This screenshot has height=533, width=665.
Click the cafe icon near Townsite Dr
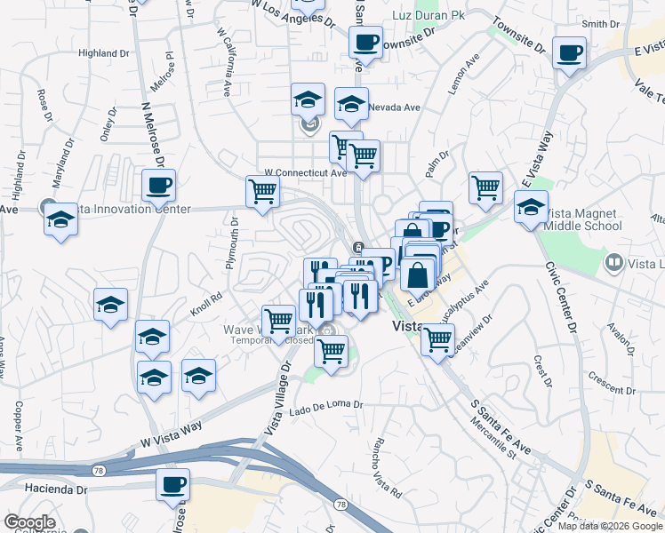[365, 41]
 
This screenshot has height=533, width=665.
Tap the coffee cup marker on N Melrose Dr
[159, 186]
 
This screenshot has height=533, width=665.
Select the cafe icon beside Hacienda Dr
[173, 485]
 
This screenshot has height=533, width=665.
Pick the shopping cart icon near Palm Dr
[485, 187]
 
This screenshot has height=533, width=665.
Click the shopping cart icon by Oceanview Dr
[437, 338]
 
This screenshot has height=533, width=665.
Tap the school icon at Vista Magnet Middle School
[531, 208]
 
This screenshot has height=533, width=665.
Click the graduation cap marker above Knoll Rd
[111, 305]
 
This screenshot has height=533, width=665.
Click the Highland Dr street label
[103, 53]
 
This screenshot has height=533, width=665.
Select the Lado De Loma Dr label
[327, 405]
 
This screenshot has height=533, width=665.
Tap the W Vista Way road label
[172, 433]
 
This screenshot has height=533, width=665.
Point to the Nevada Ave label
[395, 107]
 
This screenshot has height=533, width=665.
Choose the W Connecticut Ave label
[305, 172]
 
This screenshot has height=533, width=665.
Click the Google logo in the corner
[29, 522]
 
